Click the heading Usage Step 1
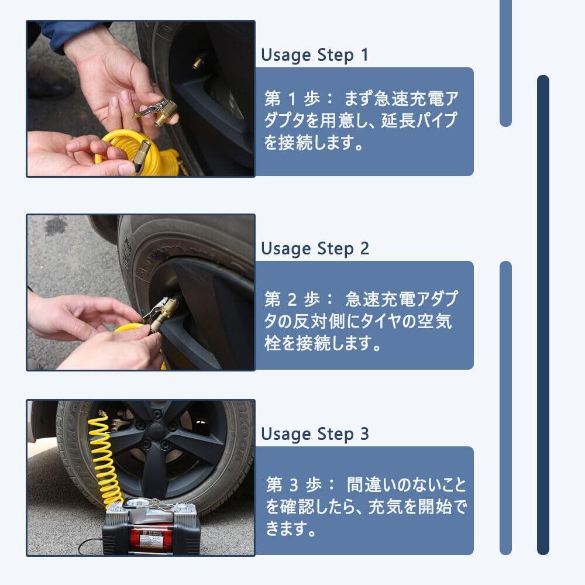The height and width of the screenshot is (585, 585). pos(315,55)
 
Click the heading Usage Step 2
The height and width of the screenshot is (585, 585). pos(315,249)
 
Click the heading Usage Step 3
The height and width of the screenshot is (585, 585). pos(315,434)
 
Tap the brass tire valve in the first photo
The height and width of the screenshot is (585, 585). pos(197,63)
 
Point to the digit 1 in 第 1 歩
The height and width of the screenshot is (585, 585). pos(292,98)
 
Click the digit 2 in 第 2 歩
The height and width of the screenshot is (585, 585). pos(292,299)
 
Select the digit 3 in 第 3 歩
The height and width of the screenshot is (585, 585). pos(294,484)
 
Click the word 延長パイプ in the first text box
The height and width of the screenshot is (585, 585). pos(419,120)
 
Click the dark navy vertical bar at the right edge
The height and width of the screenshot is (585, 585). pos(543,315)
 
